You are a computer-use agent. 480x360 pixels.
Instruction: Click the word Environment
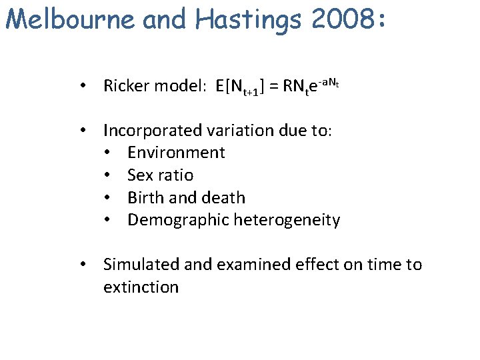(x=176, y=153)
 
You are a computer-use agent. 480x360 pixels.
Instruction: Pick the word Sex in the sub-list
(x=140, y=175)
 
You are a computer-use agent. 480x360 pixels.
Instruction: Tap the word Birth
(x=145, y=198)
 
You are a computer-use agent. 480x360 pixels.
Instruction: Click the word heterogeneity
(x=287, y=221)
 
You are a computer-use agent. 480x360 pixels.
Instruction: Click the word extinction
(x=141, y=287)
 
